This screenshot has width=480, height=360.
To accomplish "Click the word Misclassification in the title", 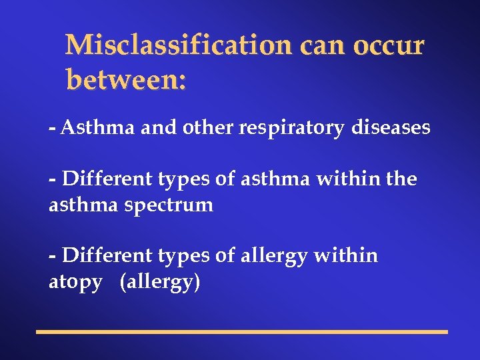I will pyautogui.click(x=177, y=45).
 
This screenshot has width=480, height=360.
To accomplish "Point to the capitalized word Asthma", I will pyautogui.click(x=98, y=127).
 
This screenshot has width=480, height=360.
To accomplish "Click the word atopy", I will pyautogui.click(x=75, y=282).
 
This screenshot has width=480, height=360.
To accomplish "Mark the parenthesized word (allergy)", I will pyautogui.click(x=160, y=282).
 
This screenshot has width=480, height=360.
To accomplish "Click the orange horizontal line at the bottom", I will pyautogui.click(x=241, y=331).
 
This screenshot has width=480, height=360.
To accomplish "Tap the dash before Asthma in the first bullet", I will pyautogui.click(x=52, y=127).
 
